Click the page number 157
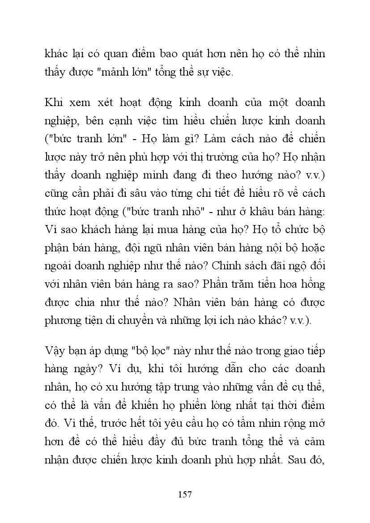pyautogui.click(x=185, y=494)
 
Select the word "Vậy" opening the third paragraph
pyautogui.click(x=54, y=351)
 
